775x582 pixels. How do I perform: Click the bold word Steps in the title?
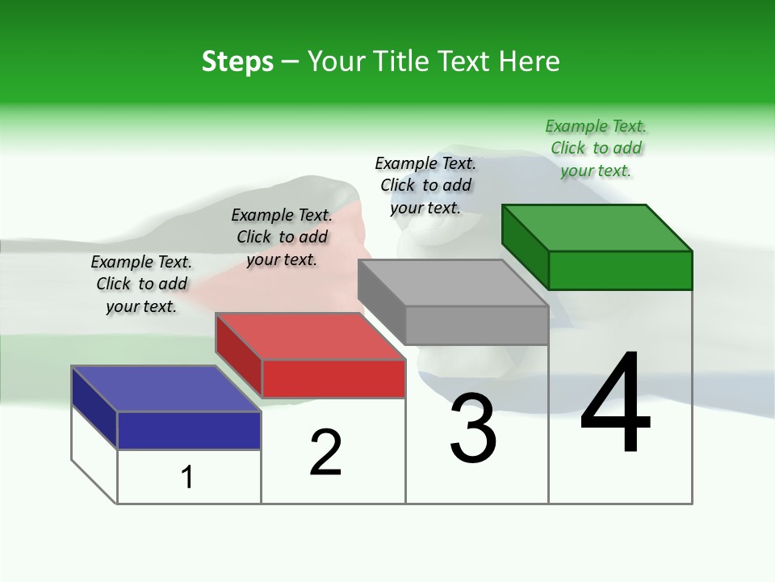[x=237, y=61]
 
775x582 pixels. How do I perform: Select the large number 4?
[x=615, y=403]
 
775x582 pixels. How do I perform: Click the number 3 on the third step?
[x=473, y=429]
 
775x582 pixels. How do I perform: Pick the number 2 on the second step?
[x=325, y=452]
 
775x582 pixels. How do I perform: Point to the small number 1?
[x=187, y=477]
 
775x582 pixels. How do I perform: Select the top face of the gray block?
[x=453, y=283]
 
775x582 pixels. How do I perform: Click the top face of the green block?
[x=597, y=227]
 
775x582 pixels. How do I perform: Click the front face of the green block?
[x=620, y=270]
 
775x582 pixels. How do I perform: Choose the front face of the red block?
[x=333, y=378]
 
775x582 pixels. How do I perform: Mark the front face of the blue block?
[x=189, y=430]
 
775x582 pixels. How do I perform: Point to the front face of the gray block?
[x=476, y=325]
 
